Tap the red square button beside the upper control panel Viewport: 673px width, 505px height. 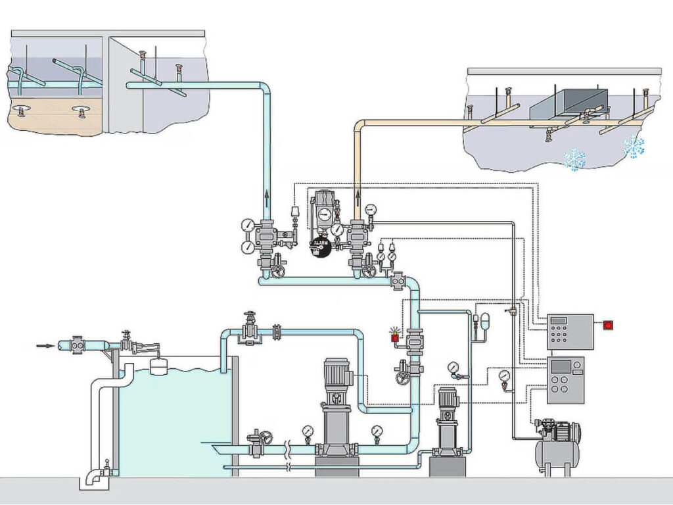[608, 325]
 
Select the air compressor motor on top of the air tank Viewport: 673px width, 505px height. [563, 430]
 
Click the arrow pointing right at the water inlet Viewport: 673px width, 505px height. [46, 346]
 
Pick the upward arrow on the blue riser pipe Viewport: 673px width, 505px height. [267, 199]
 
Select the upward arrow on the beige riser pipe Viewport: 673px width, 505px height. [358, 199]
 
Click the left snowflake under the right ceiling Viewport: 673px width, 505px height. [575, 159]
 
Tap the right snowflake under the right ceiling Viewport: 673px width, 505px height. [634, 146]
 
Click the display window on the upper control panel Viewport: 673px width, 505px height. [559, 320]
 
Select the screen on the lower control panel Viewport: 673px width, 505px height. [561, 366]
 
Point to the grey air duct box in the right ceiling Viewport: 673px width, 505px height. [569, 105]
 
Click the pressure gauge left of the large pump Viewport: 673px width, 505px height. [308, 431]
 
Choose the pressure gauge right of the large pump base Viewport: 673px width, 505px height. [377, 431]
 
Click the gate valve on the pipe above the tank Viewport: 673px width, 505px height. [248, 329]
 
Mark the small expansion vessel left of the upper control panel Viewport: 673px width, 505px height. [486, 321]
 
